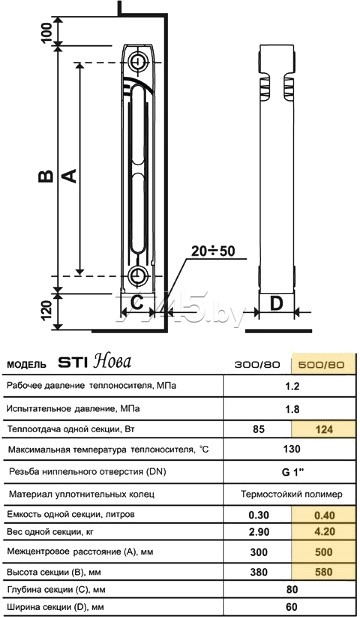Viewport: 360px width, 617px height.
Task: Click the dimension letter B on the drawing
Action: click(x=46, y=176)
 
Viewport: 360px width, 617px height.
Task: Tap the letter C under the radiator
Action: click(x=136, y=303)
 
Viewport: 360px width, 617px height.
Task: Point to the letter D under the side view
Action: click(x=277, y=303)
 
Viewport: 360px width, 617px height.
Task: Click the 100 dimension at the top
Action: click(x=46, y=33)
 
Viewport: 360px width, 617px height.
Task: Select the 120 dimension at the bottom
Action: click(x=46, y=310)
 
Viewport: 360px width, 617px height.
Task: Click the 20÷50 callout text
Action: click(x=213, y=251)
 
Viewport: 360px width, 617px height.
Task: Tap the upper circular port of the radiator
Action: click(x=138, y=61)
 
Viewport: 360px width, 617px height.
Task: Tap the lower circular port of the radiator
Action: click(x=138, y=275)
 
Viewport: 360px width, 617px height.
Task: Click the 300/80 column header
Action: click(x=257, y=364)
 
